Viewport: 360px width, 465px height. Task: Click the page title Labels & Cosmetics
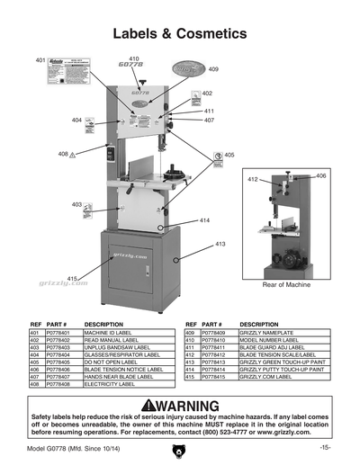click(180, 33)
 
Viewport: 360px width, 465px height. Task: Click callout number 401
click(40, 59)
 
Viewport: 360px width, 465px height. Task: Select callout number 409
click(213, 69)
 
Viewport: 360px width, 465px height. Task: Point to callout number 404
click(77, 120)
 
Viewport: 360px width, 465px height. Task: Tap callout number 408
click(63, 154)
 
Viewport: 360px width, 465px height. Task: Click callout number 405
click(229, 155)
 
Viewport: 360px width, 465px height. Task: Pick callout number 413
click(220, 244)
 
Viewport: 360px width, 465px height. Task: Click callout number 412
click(254, 180)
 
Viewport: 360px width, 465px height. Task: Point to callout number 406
click(321, 175)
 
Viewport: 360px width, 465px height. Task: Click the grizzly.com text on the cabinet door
click(130, 255)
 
